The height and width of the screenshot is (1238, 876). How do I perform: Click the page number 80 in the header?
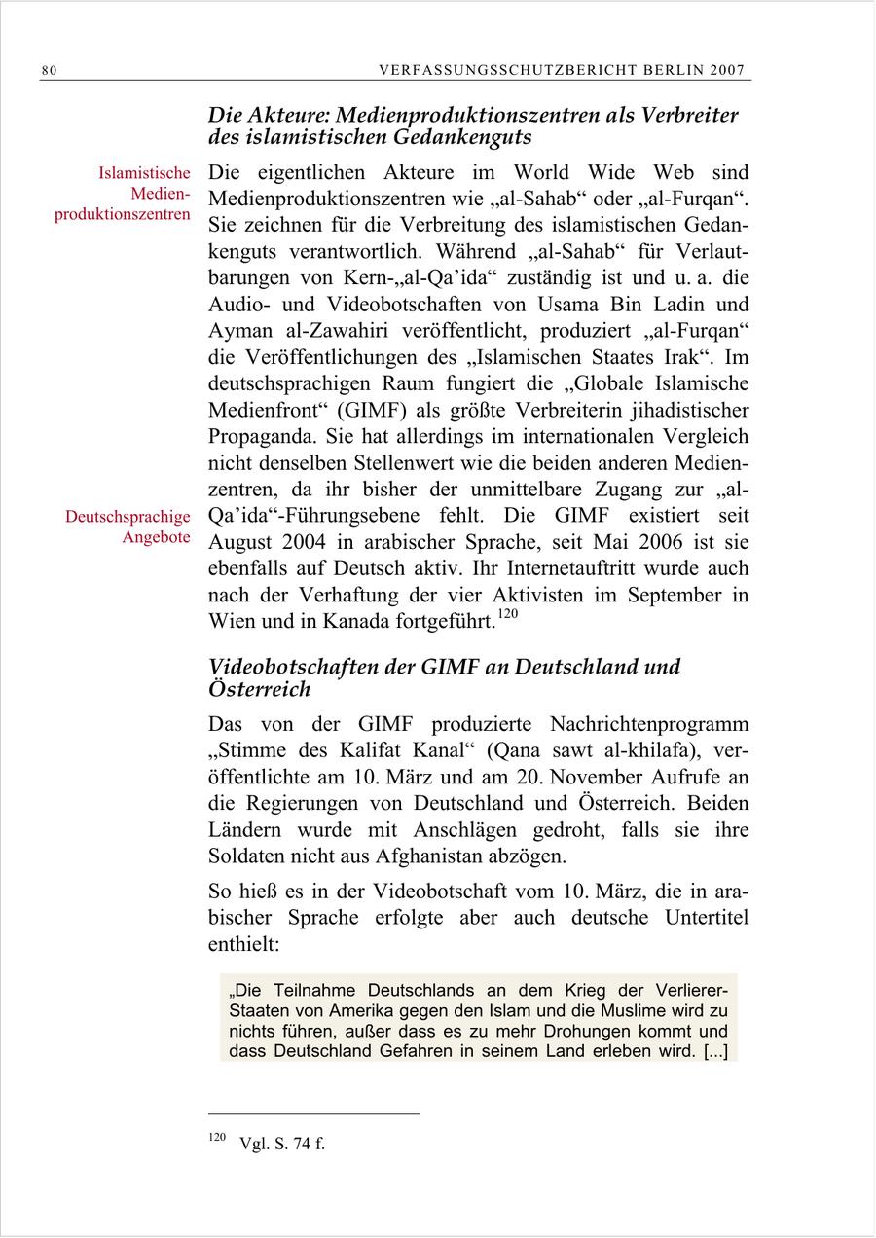pos(50,70)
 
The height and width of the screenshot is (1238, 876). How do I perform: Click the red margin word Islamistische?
pos(144,173)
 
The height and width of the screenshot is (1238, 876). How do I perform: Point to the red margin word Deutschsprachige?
pos(128,517)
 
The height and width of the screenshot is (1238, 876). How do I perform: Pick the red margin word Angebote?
pos(156,537)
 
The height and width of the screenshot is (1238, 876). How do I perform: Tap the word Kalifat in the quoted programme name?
pos(363,750)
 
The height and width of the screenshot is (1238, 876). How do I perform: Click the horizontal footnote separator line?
pos(314,1113)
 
